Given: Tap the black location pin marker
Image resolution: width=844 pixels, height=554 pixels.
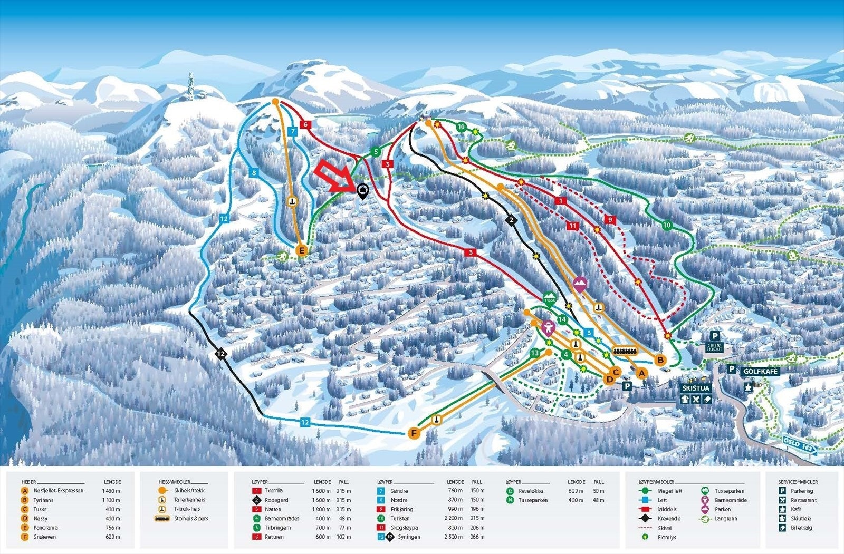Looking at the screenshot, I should coord(362,191).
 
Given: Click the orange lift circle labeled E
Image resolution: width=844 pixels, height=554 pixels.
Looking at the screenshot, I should coord(302,250).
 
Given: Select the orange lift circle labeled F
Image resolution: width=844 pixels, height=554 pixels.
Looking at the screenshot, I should coord(414,433).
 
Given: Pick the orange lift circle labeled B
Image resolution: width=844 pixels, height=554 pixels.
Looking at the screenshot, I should coord(660,360).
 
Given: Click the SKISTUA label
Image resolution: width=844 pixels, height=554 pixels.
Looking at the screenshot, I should coord(696,388).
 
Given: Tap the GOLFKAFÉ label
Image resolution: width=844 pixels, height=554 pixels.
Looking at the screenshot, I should coord(761,372).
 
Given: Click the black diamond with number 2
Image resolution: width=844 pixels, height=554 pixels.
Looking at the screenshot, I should coord(511,220).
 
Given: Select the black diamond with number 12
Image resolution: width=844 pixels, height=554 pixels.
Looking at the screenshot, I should coord(221,354).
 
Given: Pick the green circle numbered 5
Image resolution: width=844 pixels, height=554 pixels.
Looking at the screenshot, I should coord(376,152).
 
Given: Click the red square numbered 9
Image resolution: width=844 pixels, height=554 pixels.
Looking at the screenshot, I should coord(610,219).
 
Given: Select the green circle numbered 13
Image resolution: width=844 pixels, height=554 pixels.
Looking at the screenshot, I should coord(535,353).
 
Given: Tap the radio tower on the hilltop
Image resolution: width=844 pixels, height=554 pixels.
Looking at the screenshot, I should coord(190,87).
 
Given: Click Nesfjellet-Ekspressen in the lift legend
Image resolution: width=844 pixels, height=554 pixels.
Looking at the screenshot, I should coord(58,491).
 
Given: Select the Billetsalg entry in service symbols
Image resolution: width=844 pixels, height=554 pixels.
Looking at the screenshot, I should coord(801,528).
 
